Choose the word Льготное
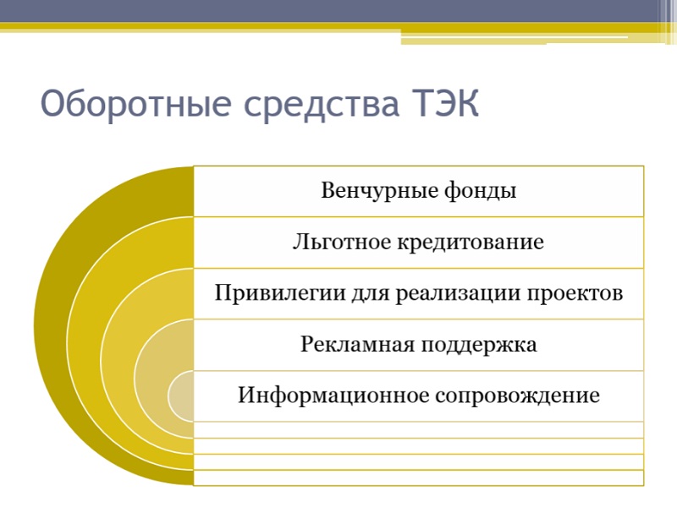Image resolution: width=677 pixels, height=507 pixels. (343, 242)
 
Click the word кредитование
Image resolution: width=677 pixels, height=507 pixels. (471, 242)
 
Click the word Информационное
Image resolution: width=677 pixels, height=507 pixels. (333, 395)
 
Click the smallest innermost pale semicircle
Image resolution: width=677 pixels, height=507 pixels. (181, 395)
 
